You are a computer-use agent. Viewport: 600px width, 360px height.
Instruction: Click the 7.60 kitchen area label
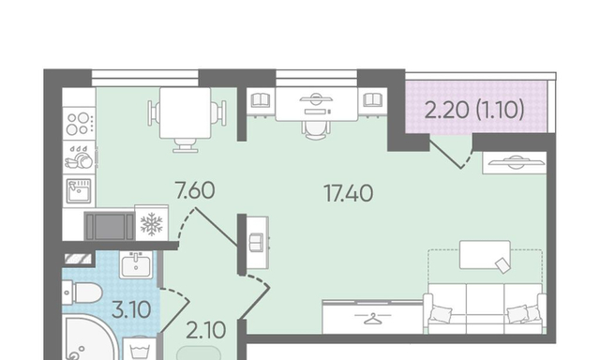194,190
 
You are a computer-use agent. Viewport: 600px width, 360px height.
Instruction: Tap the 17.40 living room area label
348,193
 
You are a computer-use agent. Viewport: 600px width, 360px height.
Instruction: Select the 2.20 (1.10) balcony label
474,111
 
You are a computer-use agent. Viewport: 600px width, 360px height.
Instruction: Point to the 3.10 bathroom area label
131,309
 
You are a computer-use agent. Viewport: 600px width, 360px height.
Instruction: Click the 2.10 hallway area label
205,330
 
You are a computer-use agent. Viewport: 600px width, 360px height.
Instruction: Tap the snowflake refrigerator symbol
152,224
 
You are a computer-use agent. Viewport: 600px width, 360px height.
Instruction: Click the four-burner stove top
79,123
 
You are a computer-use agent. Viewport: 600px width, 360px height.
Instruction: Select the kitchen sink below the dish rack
79,191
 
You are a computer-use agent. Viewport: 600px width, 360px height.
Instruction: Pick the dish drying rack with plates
79,157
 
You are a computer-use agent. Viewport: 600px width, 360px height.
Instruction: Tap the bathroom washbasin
136,264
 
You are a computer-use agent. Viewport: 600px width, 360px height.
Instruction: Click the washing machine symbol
140,348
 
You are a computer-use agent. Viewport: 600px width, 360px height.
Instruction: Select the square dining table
186,112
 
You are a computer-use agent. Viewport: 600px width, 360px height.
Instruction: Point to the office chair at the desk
316,130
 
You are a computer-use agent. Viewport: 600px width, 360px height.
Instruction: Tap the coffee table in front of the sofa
485,255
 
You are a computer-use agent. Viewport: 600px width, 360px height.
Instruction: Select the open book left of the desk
261,100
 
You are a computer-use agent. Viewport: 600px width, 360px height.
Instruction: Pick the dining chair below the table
186,145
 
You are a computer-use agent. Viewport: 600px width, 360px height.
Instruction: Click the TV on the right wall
515,162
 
